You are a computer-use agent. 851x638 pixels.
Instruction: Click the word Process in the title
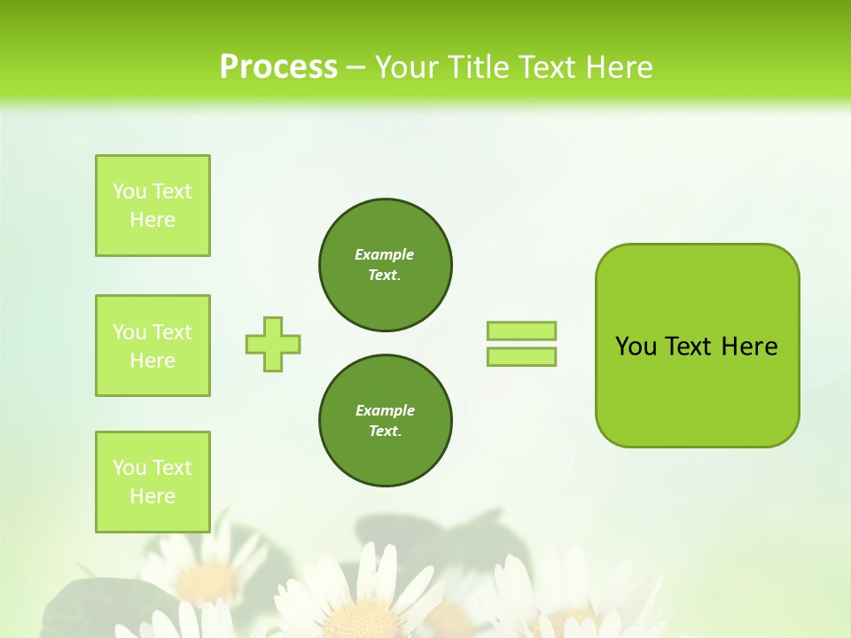coord(278,67)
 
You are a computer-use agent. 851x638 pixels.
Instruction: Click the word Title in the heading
coord(476,67)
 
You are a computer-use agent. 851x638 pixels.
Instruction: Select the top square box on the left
coord(152,206)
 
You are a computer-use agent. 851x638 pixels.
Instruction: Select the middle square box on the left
coord(152,346)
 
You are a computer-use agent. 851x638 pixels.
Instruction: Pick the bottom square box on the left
coord(152,482)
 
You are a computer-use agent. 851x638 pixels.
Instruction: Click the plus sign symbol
coord(273,344)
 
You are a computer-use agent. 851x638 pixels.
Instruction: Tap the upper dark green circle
coord(386,265)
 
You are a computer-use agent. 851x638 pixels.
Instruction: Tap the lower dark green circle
coord(386,421)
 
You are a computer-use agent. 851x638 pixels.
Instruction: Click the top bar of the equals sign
coord(521,331)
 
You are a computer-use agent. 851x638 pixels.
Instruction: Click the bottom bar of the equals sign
coord(521,356)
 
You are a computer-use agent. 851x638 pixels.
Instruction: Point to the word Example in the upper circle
coord(385,254)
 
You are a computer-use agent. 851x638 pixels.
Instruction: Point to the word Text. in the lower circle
coord(386,432)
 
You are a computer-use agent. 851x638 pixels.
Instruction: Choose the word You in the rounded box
coord(636,346)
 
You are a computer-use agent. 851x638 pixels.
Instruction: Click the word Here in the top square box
coord(152,220)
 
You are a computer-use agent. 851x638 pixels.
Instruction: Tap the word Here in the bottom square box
coord(152,496)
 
